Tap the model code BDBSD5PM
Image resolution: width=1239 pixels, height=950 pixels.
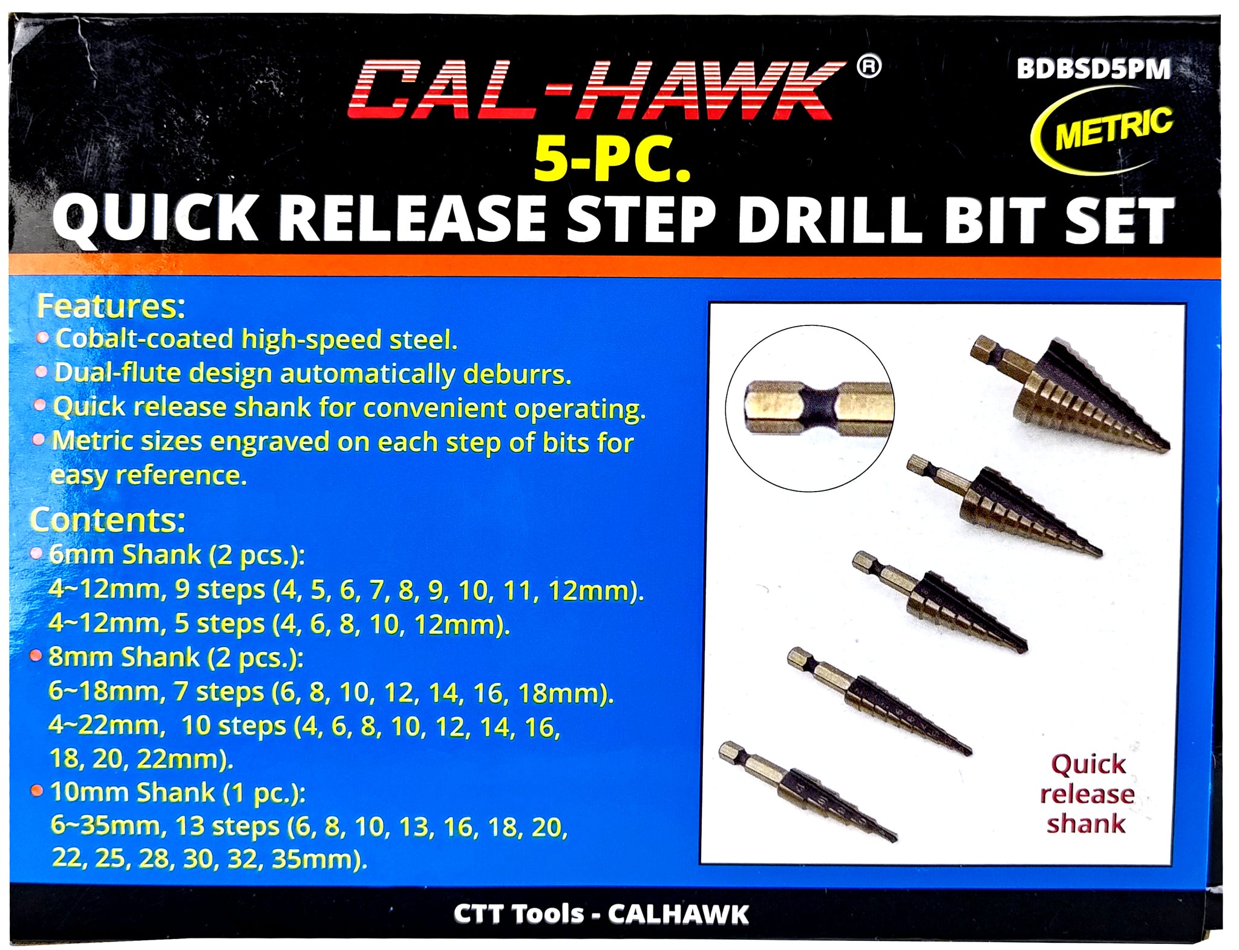coord(1093,70)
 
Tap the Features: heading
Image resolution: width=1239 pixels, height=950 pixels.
coord(111,307)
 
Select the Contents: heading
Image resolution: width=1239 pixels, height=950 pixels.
coord(108,519)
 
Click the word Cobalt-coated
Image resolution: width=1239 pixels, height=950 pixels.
coord(144,339)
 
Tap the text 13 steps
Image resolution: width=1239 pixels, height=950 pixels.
coord(226,826)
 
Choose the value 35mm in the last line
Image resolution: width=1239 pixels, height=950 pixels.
coord(310,859)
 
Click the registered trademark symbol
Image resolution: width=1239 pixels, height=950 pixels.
coord(869,67)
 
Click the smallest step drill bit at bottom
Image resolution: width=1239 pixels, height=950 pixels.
coord(808,792)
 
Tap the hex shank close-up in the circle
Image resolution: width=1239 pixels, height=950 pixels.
coord(809,408)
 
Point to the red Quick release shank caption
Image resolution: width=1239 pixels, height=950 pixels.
coord(1087,794)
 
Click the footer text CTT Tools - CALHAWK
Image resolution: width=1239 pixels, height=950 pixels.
coord(601,914)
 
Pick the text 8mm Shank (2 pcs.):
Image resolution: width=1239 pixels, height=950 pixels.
coord(175,657)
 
